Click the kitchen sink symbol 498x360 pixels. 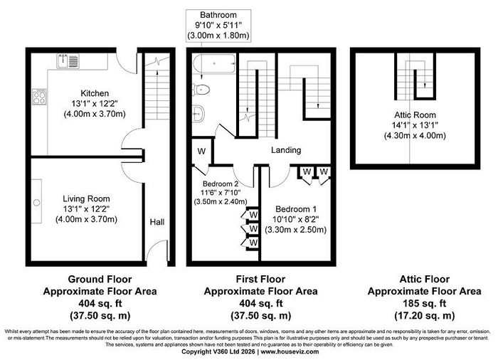point(68,61)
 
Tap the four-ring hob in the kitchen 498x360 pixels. point(39,97)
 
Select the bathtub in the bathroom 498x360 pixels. point(214,64)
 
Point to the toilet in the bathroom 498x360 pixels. point(201,89)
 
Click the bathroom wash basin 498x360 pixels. point(198,113)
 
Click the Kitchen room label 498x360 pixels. point(95,93)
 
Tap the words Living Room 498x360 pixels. point(86,199)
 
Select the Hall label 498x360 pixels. point(157,222)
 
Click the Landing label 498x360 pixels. point(286,150)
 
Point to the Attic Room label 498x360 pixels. point(415,115)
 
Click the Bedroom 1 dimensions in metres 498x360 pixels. point(296,230)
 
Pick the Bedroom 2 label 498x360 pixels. point(221,184)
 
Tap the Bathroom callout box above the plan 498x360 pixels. point(218,26)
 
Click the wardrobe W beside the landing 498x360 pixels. point(201,152)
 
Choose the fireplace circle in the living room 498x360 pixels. point(37,202)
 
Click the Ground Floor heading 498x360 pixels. point(100,280)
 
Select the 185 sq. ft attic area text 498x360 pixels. point(425,304)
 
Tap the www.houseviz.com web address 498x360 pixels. point(290,351)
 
